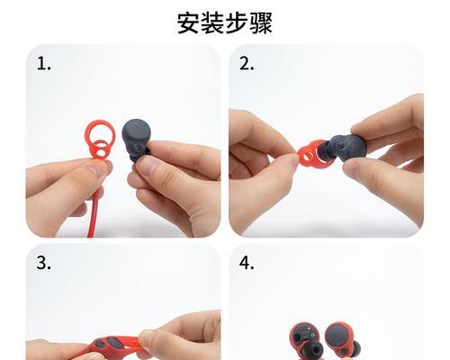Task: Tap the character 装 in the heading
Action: coord(212,22)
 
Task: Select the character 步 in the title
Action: coord(238,22)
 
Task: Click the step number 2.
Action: coord(247,64)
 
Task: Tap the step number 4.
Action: coord(247,264)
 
